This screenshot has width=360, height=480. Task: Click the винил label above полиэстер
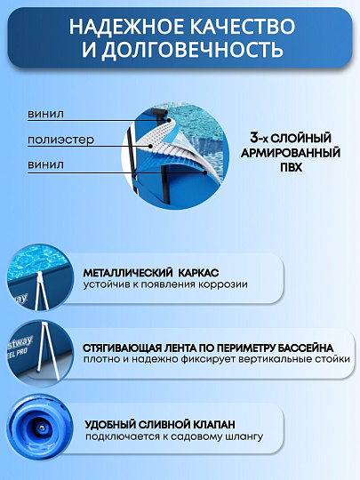tap(46, 114)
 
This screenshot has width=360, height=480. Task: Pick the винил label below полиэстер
tap(46, 164)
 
